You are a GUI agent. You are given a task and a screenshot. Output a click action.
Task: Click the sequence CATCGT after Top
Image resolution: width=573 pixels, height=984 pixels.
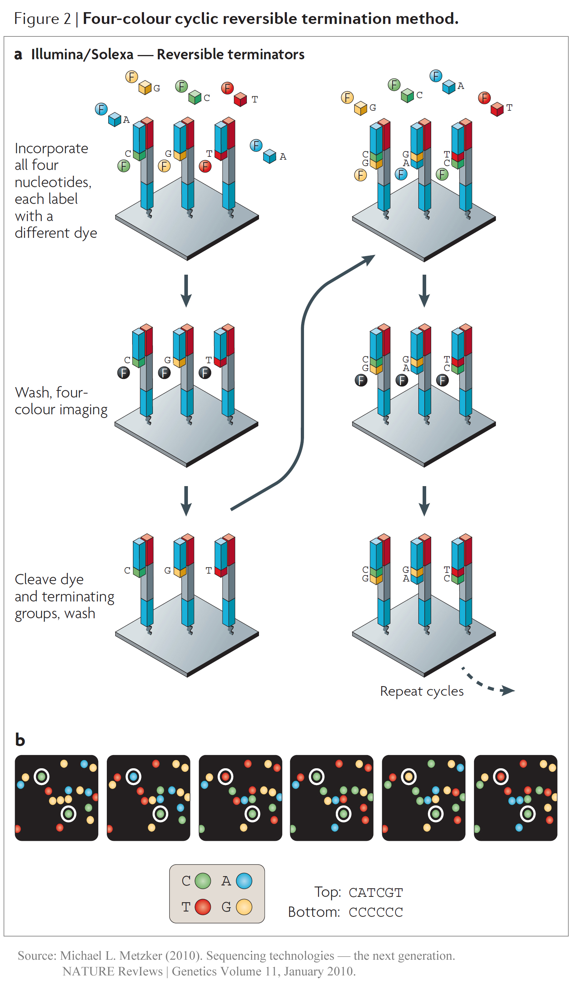[x=375, y=893]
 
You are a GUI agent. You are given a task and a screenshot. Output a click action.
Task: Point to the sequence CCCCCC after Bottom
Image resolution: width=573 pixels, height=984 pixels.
[x=375, y=912]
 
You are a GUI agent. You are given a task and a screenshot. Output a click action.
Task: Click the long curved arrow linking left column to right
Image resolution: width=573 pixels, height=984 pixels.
[x=303, y=383]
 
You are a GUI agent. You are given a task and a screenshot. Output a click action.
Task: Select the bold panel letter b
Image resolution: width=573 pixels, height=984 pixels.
[x=20, y=740]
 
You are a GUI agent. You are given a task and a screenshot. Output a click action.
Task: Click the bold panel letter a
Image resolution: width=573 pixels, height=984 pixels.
[x=18, y=55]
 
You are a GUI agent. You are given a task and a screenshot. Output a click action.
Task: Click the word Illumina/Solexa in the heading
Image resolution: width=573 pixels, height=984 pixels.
[x=82, y=55]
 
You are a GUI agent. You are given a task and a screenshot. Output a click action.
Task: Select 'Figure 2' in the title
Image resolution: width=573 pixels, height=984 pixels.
[x=42, y=19]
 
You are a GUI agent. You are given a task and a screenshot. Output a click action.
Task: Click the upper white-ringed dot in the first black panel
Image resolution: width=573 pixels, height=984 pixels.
[x=41, y=776]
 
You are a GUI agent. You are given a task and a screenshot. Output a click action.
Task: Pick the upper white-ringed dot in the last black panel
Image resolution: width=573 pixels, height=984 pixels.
[x=500, y=776]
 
